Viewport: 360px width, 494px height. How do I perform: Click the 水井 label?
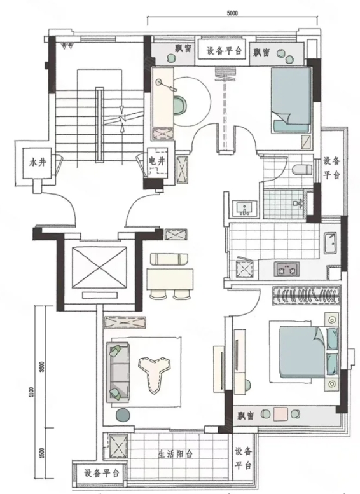coord(38,163)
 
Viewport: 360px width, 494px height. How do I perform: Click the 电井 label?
coord(157,161)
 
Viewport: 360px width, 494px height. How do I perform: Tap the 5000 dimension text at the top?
coord(232,13)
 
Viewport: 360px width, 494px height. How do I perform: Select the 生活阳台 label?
coord(176,454)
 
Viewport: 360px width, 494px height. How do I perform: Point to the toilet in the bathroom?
coord(301,170)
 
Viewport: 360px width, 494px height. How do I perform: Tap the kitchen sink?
coord(330,243)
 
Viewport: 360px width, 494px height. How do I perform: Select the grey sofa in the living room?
coord(118,373)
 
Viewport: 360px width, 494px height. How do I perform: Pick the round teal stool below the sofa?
coord(122,415)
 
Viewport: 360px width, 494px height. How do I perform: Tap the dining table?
coord(170,279)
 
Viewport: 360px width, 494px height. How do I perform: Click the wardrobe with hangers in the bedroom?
coord(306,296)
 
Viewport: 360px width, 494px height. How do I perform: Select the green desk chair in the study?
coord(180,105)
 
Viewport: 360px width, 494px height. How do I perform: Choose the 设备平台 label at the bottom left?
coord(102,473)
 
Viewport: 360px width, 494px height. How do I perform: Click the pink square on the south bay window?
coord(280,414)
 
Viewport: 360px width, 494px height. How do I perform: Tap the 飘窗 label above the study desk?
coord(183,48)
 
